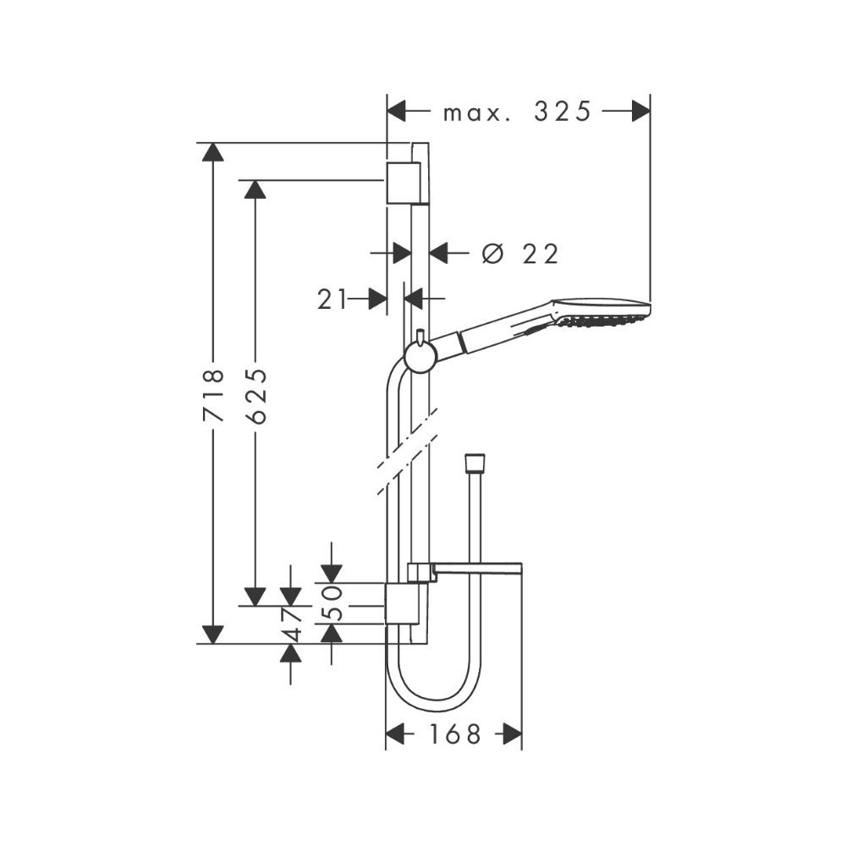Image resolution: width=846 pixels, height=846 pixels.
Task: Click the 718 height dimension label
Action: point(213,393)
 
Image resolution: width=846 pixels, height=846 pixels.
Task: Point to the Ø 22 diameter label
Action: point(519,253)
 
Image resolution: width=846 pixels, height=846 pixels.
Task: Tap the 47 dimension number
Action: point(292,624)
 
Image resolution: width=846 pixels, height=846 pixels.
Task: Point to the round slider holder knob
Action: point(419,357)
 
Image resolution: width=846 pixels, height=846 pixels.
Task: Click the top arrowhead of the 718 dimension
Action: point(213,152)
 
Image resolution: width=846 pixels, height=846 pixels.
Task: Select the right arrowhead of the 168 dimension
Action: point(511,733)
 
